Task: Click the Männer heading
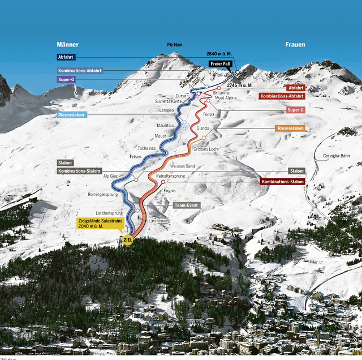click(x=67, y=44)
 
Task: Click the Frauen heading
click(x=295, y=44)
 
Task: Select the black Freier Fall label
click(x=220, y=64)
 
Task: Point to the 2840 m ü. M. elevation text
click(x=219, y=54)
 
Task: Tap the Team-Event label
click(x=186, y=205)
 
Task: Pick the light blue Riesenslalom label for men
click(x=72, y=115)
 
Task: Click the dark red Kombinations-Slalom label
click(x=282, y=182)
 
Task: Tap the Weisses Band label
click(x=183, y=166)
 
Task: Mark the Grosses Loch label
click(x=205, y=149)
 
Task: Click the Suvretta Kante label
click(x=173, y=101)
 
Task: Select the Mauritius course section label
click(x=165, y=126)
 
